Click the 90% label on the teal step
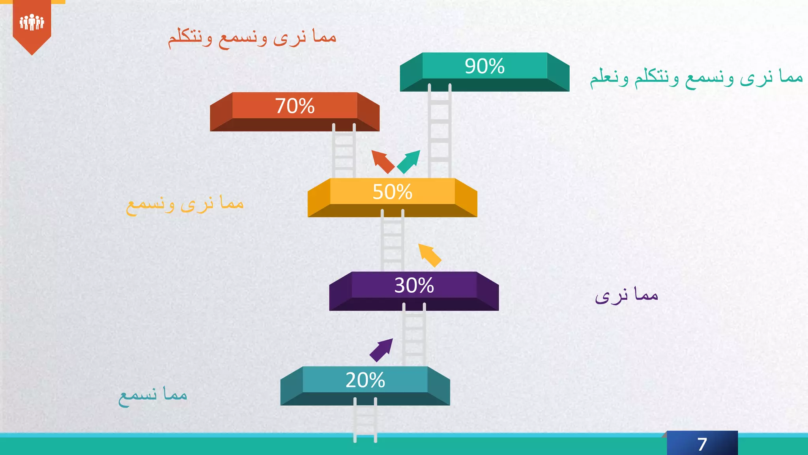484,66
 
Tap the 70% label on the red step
295,106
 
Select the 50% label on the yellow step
392,192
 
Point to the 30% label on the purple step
414,285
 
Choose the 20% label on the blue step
365,380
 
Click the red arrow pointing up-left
382,161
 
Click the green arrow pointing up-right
409,161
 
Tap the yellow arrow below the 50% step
429,255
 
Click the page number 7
702,444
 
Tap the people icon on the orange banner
32,22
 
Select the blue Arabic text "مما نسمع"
153,395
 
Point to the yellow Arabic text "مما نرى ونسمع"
185,204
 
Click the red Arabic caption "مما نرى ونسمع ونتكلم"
252,38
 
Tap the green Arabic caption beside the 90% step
696,77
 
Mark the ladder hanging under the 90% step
440,130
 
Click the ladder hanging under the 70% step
344,152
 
